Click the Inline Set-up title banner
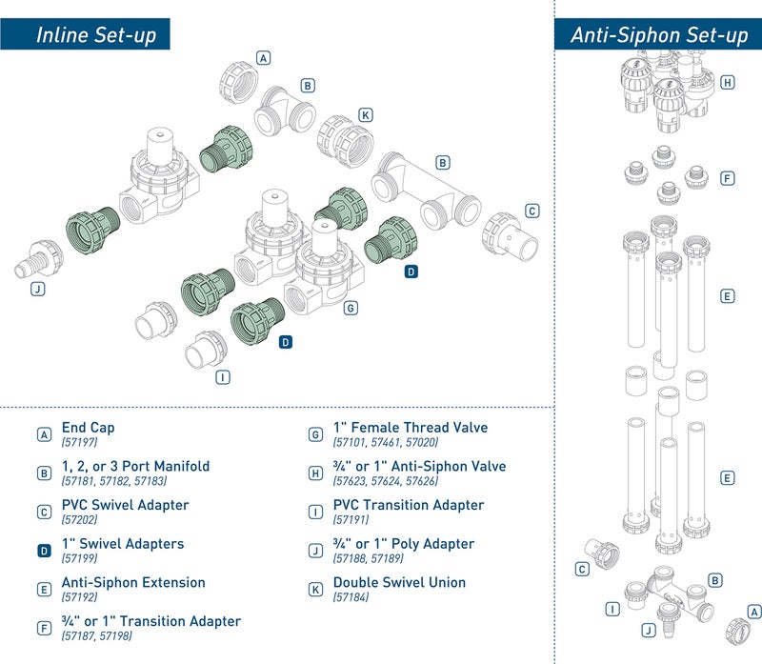[94, 36]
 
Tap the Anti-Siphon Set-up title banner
[658, 36]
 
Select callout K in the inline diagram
[365, 115]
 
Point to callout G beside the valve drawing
[351, 308]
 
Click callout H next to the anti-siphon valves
[728, 82]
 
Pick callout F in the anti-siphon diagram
[728, 178]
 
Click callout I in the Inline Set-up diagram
[223, 376]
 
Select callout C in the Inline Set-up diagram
[532, 211]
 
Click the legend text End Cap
[88, 429]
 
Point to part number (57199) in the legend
[79, 558]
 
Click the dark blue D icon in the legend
[44, 551]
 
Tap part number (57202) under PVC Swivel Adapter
[79, 519]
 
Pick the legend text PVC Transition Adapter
[408, 506]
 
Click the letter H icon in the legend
[315, 473]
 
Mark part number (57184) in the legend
[351, 597]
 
